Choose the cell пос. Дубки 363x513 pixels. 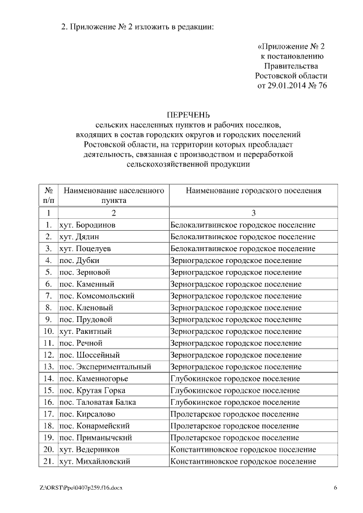[79, 260]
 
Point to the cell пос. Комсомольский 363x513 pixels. [96, 296]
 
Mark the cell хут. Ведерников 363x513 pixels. [89, 450]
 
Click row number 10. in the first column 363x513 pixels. [49, 331]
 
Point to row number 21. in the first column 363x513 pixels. [49, 461]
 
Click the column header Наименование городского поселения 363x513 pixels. [253, 190]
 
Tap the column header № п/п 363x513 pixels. [49, 196]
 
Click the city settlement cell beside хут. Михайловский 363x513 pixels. [243, 461]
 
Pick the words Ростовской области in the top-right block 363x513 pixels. [291, 75]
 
